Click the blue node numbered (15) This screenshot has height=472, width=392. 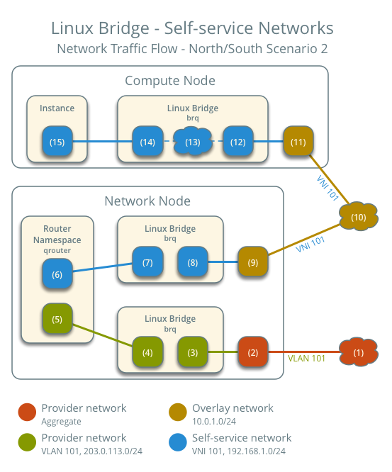pos(57,142)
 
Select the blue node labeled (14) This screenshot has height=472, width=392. pos(147,142)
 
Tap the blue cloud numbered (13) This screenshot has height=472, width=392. pos(193,142)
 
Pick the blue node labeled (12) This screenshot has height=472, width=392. pos(237,142)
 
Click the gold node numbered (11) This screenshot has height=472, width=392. pos(298,142)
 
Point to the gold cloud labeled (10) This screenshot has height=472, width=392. pos(358,217)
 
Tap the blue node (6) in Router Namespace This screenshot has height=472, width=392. pos(57,274)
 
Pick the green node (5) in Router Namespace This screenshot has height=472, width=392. pos(57,319)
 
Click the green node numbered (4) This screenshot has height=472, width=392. pos(147,352)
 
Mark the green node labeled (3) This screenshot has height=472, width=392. pos(193,352)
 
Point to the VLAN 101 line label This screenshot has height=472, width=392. pos(306,359)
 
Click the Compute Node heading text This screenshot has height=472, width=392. pos(170,81)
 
